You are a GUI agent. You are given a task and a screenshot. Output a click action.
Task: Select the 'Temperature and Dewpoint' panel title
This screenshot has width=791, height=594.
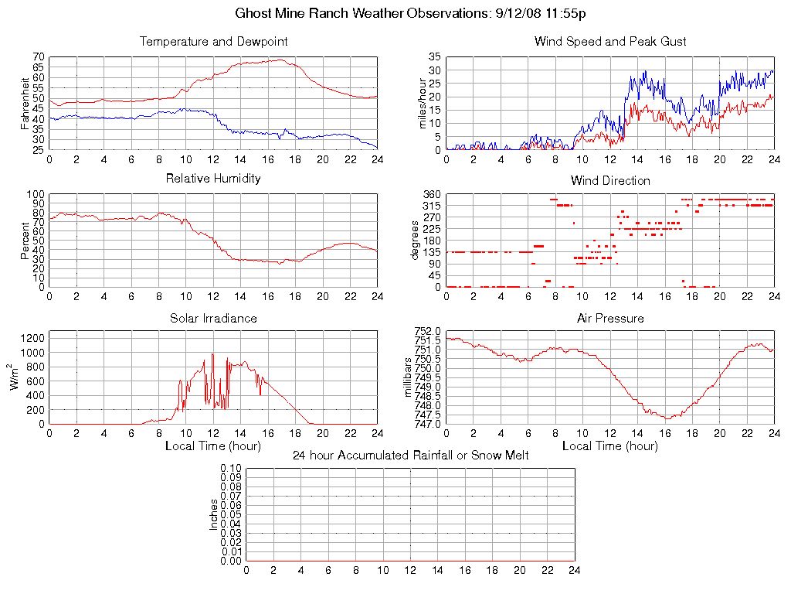[213, 41]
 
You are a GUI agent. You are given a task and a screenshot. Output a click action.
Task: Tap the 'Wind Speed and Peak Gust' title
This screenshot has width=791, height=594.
[610, 41]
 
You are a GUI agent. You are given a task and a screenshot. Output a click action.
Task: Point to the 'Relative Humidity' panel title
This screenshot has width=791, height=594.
[213, 179]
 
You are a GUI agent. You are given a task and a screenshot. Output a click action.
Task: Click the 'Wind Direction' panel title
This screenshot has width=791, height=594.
[610, 180]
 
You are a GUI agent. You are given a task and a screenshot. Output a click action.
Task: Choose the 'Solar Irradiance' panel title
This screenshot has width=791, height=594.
[213, 318]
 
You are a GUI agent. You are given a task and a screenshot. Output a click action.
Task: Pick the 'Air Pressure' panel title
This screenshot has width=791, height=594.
[610, 318]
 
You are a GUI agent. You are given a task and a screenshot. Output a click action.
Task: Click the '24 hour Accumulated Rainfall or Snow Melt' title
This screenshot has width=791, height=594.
[410, 456]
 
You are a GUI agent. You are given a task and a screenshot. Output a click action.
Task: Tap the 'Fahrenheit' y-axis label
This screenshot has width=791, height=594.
[25, 103]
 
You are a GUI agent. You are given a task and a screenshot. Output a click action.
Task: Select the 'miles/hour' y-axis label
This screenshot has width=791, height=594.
[423, 103]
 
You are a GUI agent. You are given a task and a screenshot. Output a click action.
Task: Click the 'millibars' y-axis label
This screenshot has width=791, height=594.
[409, 377]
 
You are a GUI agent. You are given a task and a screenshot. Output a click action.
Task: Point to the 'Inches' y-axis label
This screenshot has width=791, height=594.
[214, 514]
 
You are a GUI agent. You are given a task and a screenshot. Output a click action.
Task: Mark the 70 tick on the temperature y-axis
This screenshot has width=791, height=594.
[38, 57]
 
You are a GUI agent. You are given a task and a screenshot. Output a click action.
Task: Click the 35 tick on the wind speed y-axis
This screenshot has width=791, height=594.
[434, 57]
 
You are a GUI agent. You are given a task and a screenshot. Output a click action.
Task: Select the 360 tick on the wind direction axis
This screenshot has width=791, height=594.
[431, 194]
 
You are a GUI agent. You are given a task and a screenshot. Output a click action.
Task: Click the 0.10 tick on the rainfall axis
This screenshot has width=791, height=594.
[231, 469]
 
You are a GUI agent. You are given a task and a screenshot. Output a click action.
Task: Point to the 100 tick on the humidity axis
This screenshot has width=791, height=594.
[35, 194]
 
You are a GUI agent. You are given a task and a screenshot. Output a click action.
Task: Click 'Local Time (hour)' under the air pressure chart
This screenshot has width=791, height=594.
[610, 446]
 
